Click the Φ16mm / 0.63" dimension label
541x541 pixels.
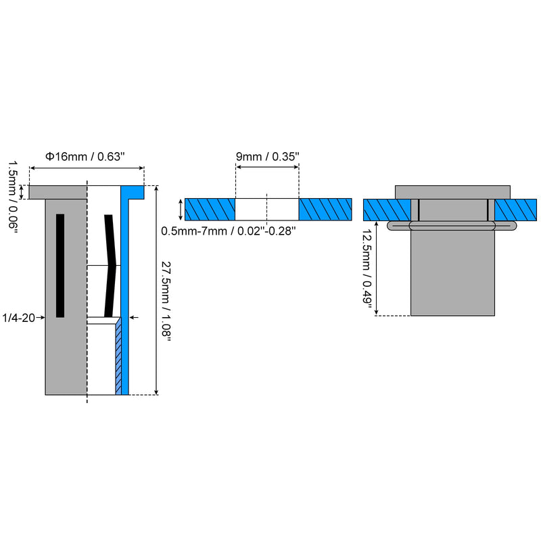point(85,157)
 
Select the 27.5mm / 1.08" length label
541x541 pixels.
point(166,302)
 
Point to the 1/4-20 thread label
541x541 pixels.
point(19,318)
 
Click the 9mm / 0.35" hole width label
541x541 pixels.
point(267,157)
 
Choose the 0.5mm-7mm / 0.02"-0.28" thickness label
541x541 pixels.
point(229,231)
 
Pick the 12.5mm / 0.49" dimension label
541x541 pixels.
point(367,266)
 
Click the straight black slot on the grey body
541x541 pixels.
point(60,266)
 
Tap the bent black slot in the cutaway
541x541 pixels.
point(110,266)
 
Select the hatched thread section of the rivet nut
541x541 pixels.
point(118,356)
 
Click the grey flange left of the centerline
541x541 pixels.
point(57,193)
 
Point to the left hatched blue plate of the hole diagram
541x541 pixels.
point(210,210)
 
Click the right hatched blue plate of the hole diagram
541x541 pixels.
point(325,210)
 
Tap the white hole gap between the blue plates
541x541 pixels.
point(267,210)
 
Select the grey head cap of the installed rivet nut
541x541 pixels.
point(452,192)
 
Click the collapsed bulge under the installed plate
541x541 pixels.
point(452,226)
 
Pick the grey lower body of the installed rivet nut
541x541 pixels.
point(452,273)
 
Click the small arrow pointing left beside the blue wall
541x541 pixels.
point(134,317)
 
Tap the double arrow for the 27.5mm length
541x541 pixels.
point(156,290)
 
